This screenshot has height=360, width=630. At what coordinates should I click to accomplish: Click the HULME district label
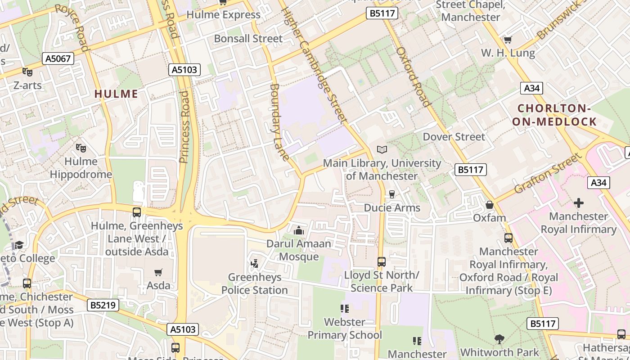116,94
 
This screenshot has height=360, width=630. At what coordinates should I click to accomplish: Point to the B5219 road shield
103,306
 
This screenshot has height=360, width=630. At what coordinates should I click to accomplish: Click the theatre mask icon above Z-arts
27,72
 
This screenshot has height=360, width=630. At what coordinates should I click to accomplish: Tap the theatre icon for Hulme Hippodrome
81,148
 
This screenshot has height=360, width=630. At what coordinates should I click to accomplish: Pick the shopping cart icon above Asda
158,272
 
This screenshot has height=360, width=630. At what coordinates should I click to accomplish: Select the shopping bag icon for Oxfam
490,205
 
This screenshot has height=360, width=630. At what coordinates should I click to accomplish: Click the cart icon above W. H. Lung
508,40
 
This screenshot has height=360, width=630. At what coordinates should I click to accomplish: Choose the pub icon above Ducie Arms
392,194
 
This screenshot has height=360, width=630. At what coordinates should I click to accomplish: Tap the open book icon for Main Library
382,149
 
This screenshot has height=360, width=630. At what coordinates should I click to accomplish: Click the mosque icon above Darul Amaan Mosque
298,230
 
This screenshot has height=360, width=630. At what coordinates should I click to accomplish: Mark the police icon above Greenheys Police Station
254,264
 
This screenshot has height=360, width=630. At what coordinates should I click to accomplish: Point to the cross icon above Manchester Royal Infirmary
578,203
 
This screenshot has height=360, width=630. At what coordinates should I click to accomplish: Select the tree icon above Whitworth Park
499,339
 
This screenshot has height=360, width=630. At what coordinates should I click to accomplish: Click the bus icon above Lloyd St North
382,261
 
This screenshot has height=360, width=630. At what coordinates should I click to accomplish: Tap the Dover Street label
454,137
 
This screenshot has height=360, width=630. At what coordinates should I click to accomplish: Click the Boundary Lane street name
279,122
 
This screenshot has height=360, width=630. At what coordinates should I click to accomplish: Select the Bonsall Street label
248,39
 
